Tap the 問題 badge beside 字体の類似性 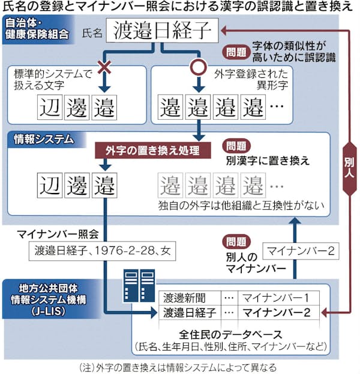point(234,52)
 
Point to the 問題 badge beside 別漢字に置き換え point(234,146)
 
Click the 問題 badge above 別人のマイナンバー point(234,240)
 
